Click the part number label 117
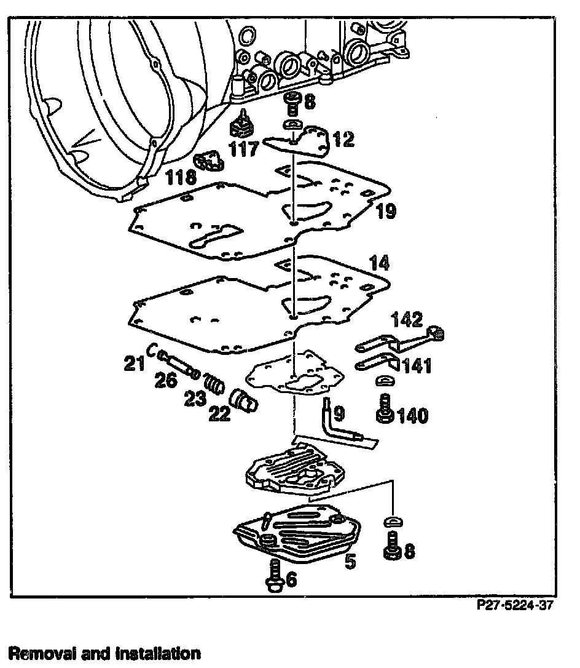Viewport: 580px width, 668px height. point(244,149)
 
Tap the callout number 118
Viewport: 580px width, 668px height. point(181,178)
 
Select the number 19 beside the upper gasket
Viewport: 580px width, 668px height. point(387,212)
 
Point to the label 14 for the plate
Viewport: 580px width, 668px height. point(379,263)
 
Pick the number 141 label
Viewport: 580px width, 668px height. point(417,367)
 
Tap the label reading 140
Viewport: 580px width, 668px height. point(413,416)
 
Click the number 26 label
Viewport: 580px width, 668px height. point(165,381)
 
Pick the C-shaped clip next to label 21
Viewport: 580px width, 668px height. point(151,351)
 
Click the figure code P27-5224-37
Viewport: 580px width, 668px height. point(514,605)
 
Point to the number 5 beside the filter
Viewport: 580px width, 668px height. point(350,562)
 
